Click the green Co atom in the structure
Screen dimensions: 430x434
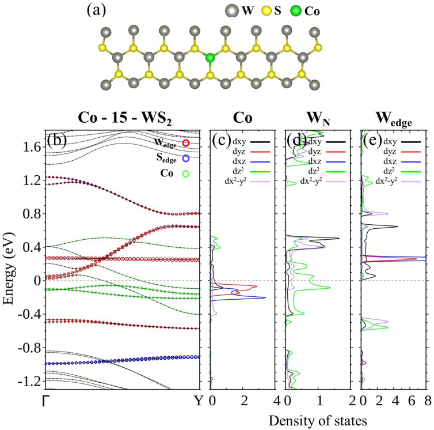[x=211, y=58]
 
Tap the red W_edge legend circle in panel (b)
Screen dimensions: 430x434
[x=185, y=142]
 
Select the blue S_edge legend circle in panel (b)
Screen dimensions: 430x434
[x=185, y=157]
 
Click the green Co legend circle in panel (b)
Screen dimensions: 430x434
[x=185, y=172]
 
